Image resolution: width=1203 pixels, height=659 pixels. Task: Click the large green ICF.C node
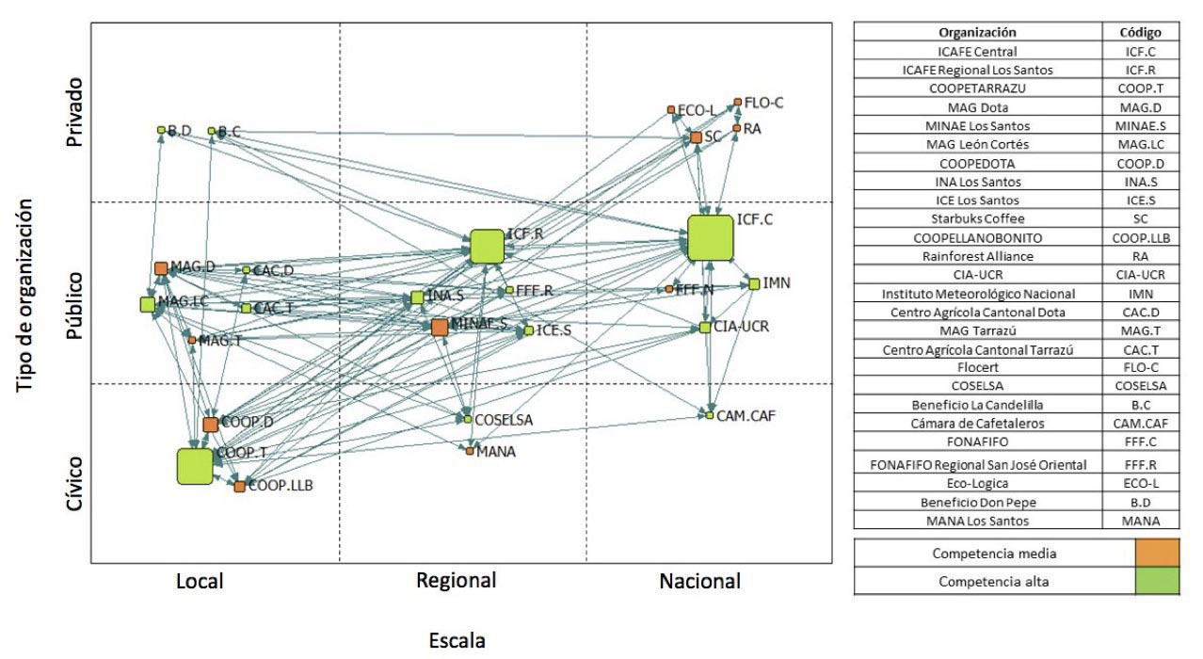pyautogui.click(x=711, y=237)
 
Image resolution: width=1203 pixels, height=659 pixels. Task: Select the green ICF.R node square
pyautogui.click(x=488, y=247)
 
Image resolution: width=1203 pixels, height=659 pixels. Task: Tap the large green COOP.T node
pyautogui.click(x=195, y=466)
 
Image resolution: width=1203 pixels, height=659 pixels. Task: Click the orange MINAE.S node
pyautogui.click(x=440, y=327)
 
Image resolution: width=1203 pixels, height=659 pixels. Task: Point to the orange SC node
pyautogui.click(x=696, y=137)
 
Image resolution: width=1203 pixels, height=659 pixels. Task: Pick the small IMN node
pyautogui.click(x=754, y=283)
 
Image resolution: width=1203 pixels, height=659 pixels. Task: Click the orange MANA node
pyautogui.click(x=470, y=451)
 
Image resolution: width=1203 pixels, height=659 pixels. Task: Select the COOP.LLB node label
pyautogui.click(x=281, y=486)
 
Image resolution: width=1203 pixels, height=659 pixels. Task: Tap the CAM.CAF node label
pyautogui.click(x=746, y=414)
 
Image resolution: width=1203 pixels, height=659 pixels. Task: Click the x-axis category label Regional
pyautogui.click(x=456, y=580)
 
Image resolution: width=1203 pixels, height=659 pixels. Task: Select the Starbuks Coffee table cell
pyautogui.click(x=978, y=218)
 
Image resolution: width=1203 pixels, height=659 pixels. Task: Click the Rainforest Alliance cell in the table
pyautogui.click(x=978, y=256)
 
